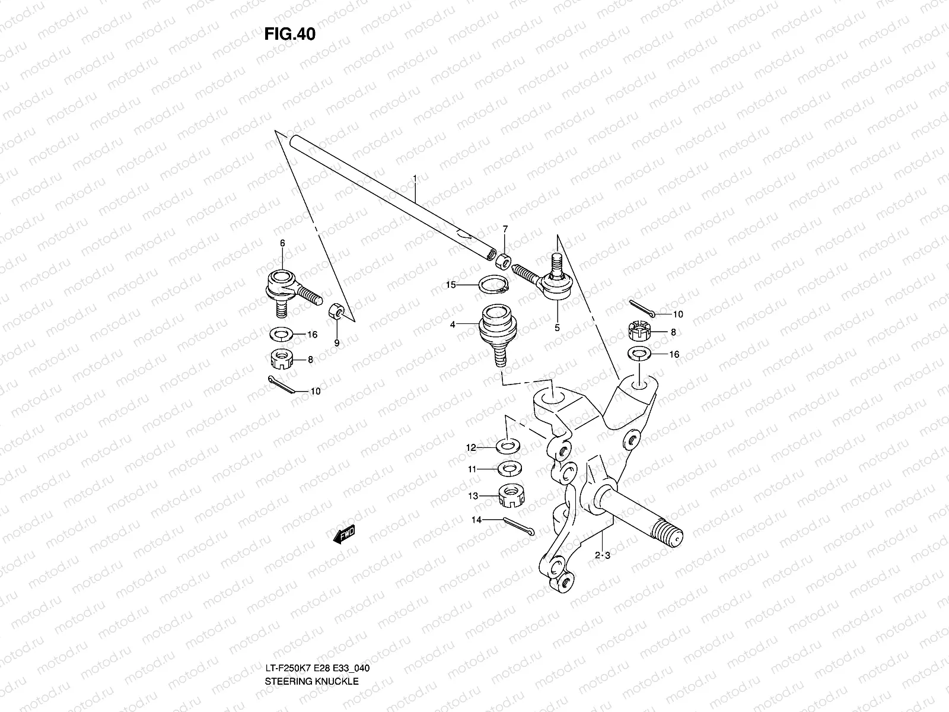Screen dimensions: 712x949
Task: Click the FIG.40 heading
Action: click(289, 34)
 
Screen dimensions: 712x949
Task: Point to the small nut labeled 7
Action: click(504, 260)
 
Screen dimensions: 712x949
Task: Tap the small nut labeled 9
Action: click(335, 310)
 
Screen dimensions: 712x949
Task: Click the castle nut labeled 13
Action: click(508, 494)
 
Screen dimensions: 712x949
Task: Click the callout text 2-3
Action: click(603, 556)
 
